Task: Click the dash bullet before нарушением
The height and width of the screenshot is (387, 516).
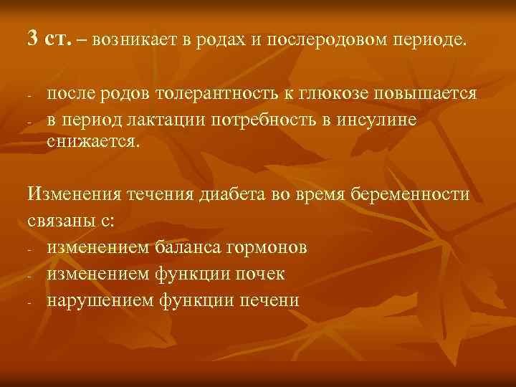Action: click(x=31, y=301)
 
